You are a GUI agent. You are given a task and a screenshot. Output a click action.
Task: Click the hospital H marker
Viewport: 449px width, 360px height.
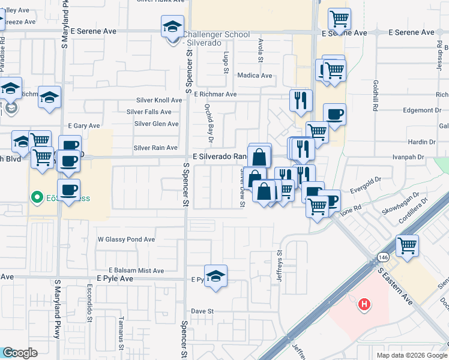[363, 305]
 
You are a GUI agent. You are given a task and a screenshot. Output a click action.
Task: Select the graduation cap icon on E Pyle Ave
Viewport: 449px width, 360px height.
[215, 276]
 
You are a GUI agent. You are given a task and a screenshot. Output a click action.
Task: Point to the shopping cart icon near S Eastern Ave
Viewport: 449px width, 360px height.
[407, 245]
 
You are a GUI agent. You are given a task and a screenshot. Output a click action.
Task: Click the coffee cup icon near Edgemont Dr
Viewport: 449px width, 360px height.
[334, 113]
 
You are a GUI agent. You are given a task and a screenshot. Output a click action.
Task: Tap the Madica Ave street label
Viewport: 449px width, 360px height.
[255, 76]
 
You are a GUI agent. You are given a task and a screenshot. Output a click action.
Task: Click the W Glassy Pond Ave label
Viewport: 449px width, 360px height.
[126, 239]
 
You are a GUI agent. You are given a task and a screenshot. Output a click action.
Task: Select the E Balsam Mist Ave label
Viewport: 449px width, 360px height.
[136, 271]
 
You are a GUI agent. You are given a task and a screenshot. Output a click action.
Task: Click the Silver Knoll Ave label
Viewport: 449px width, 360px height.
[159, 100]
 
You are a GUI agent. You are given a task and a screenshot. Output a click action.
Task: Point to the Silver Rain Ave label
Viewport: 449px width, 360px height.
[155, 148]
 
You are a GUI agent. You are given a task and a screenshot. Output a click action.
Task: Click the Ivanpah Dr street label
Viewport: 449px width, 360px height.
[408, 157]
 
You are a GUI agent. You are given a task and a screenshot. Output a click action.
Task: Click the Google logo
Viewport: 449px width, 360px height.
[20, 353]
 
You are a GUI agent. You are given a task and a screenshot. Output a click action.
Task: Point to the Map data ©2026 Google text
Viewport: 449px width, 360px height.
[412, 355]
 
